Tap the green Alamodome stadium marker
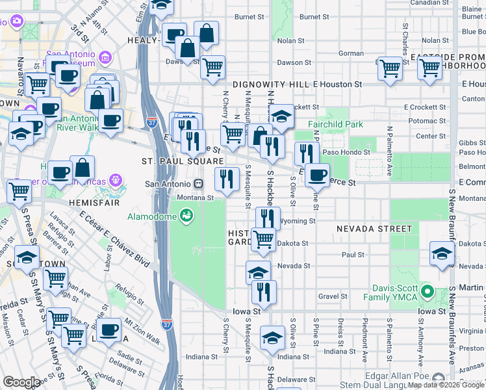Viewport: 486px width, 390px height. click(186, 214)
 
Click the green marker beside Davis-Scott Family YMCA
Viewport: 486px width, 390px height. click(427, 291)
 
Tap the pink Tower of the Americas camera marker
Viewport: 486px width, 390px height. click(116, 178)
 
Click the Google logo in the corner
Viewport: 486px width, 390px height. click(21, 382)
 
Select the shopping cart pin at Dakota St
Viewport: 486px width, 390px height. click(263, 239)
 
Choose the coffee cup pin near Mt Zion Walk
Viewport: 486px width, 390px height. click(109, 330)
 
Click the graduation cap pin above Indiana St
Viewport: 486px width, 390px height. click(272, 337)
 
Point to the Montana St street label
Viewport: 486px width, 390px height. click(196, 198)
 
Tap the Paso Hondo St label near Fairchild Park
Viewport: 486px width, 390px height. click(348, 152)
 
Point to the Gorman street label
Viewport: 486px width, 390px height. click(351, 53)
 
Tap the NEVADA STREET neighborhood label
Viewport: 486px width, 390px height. click(374, 229)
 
